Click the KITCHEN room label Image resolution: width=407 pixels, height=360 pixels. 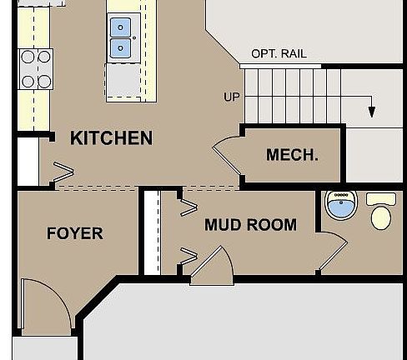coord(111,138)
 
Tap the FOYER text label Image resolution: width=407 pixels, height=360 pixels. coord(75,233)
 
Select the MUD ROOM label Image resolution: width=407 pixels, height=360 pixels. coord(250,225)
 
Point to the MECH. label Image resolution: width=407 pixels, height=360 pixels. coord(292,155)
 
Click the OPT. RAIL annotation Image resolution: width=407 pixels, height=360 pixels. coord(279,54)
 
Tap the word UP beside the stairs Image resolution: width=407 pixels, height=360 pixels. coord(232,97)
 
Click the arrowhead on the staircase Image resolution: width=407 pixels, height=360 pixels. coord(371,111)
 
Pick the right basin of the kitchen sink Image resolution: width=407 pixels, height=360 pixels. coord(117,49)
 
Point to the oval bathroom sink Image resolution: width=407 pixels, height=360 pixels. coord(340,204)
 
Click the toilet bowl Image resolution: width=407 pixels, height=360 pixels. coord(380,218)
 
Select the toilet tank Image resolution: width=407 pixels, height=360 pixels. coord(381,199)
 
